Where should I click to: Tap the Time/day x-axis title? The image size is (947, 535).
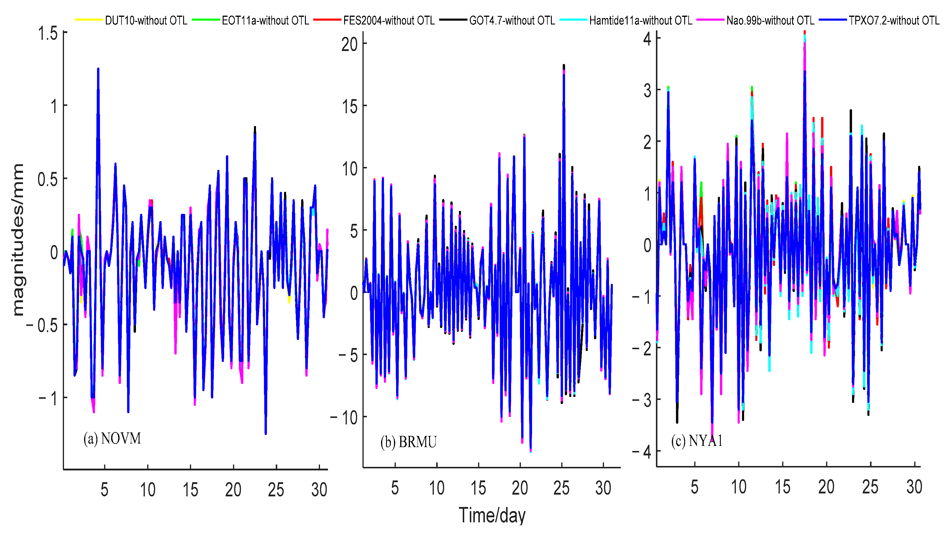click(492, 515)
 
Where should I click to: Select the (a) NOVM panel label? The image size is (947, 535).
click(112, 438)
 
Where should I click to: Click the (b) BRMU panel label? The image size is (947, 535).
click(408, 442)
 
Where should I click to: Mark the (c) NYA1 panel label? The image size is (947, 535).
click(697, 441)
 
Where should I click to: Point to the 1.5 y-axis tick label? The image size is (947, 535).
click(48, 33)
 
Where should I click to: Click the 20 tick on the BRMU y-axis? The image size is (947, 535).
click(349, 45)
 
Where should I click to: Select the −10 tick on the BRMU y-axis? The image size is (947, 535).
click(344, 417)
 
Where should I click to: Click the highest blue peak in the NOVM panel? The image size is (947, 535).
click(98, 69)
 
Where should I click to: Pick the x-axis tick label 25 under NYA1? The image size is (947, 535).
click(870, 487)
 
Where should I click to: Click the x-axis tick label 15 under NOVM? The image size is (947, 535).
click(191, 490)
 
